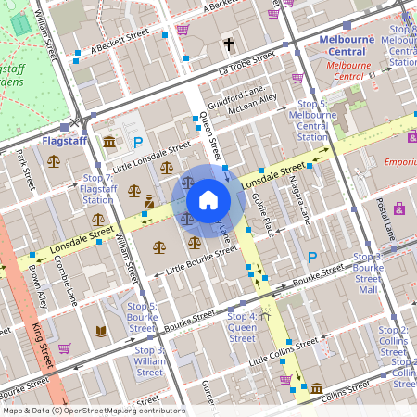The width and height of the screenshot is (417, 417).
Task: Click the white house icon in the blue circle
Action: [208, 200]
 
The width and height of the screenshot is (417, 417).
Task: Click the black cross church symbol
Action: [228, 44]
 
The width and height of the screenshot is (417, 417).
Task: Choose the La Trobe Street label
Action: [247, 62]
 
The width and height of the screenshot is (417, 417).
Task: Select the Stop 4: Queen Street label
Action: [242, 327]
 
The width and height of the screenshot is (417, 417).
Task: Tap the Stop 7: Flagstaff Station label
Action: [97, 188]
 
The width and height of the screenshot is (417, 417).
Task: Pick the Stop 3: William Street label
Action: [148, 360]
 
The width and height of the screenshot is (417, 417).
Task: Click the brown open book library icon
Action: [100, 331]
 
